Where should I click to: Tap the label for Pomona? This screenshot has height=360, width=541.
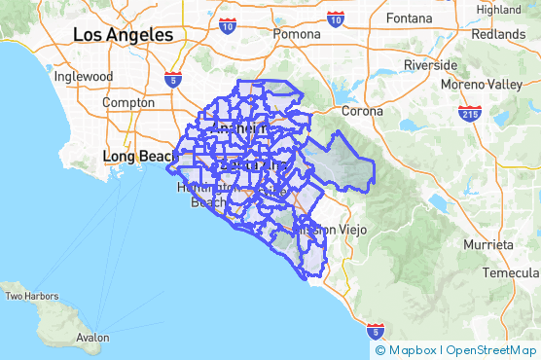[296, 33]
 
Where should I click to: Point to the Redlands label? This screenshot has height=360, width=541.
[499, 33]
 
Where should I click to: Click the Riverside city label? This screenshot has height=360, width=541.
[430, 65]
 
